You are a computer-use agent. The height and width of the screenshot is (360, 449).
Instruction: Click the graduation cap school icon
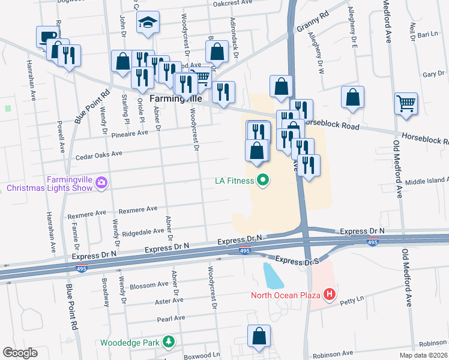tap(148, 23)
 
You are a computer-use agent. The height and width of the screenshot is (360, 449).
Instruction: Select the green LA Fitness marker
tap(262, 179)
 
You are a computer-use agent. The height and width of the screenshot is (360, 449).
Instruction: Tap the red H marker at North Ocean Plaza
tap(329, 295)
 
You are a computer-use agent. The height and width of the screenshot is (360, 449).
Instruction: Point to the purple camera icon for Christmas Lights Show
tap(101, 182)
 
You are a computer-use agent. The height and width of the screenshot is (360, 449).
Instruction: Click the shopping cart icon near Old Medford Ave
tap(406, 103)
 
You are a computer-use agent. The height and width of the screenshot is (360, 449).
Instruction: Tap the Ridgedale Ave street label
tap(143, 231)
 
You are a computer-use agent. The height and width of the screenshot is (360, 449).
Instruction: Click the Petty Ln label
tap(352, 299)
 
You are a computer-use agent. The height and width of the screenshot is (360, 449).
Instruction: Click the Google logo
tap(20, 353)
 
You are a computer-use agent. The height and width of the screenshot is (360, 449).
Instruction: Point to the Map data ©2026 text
tap(423, 355)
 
